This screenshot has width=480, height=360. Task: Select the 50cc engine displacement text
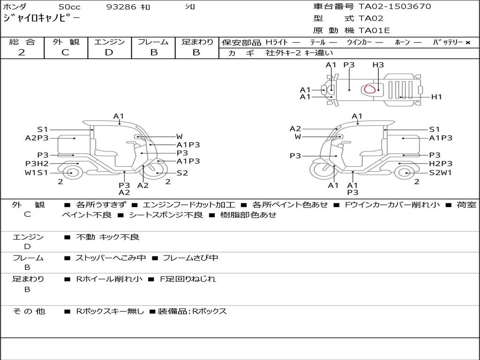click(x=69, y=7)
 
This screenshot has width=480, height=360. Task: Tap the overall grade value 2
click(x=22, y=52)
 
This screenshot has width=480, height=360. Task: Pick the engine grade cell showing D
click(x=109, y=52)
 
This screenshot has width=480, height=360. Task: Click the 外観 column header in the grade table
click(x=66, y=42)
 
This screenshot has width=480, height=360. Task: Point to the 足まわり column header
click(x=197, y=42)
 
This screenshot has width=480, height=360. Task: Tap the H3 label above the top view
click(x=378, y=65)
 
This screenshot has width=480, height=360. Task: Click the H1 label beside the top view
click(x=436, y=97)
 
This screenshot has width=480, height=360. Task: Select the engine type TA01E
click(x=374, y=31)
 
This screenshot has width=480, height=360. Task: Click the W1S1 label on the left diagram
click(x=37, y=172)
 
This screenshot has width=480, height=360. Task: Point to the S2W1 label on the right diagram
click(x=441, y=172)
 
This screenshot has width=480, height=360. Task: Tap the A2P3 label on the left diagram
click(x=37, y=138)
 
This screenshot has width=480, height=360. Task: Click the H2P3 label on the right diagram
click(x=441, y=164)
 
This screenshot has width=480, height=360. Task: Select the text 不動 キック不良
click(x=107, y=237)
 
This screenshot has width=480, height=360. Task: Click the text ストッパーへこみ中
click(x=111, y=258)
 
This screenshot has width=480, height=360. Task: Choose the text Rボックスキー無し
click(x=110, y=311)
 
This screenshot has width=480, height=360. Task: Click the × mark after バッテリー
click(x=468, y=43)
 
